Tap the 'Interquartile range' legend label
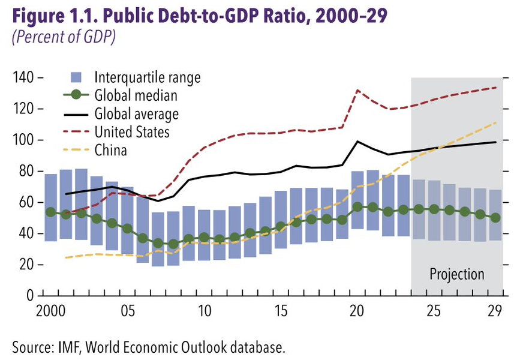pos(148,77)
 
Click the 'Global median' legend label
pos(136,95)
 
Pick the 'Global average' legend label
pos(137,113)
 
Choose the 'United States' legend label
pos(132,131)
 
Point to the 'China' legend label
pos(110,149)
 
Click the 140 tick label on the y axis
pos(22,78)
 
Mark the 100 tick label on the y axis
pos(22,140)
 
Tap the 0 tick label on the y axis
pos(29,295)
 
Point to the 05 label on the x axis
pos(127,312)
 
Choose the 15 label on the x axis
pos(280,312)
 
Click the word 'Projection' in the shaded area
pos(456,274)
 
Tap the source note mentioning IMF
pos(147,346)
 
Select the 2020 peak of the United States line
pos(357,90)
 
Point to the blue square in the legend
pos(76,77)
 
